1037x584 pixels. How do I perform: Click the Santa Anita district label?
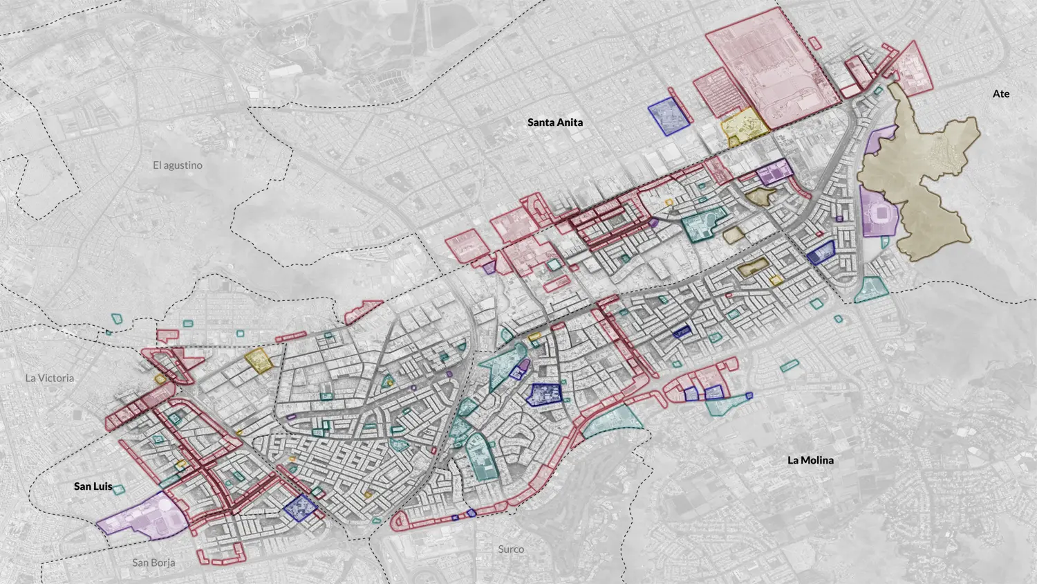click(554, 122)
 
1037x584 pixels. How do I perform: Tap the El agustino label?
click(178, 165)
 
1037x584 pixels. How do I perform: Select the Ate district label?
click(1000, 93)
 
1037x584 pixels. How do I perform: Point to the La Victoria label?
click(49, 378)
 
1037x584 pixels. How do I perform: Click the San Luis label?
click(93, 486)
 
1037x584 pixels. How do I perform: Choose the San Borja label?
click(153, 563)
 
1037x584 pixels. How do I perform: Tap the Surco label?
click(511, 549)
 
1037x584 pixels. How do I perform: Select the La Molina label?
click(810, 460)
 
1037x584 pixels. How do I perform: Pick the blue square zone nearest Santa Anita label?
click(668, 116)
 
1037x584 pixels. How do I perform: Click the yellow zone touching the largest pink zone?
click(743, 125)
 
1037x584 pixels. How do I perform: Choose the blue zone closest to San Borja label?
click(299, 507)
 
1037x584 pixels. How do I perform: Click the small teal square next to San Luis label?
click(118, 490)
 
